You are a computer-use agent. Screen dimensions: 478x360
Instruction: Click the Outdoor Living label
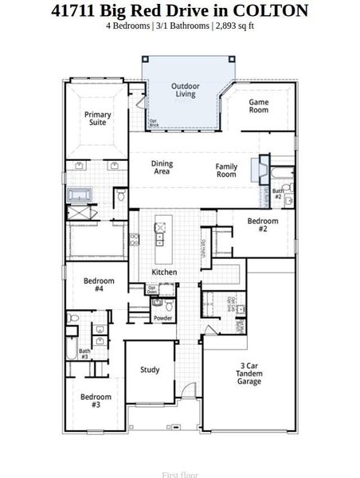coord(186,90)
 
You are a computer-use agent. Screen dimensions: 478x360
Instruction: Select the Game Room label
coord(259,106)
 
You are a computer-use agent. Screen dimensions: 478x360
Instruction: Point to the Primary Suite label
coord(98,119)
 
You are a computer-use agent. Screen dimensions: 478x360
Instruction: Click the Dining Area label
coord(162,168)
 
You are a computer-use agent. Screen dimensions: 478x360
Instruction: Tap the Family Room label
coord(226,170)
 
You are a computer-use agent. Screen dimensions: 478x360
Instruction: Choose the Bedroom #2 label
coord(262,225)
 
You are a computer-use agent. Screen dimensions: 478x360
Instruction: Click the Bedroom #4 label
coord(99,285)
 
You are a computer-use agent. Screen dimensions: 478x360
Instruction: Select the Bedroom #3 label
coord(96,401)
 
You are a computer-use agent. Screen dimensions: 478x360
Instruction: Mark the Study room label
coord(150,370)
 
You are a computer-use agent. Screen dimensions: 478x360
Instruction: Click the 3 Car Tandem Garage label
coord(250,374)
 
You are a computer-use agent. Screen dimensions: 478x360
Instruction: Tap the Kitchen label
coord(164,272)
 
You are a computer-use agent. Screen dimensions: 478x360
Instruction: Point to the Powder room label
coord(162,319)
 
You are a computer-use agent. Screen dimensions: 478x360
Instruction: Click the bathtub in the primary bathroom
coord(81,194)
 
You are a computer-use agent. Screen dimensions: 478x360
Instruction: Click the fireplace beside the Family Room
coord(255,170)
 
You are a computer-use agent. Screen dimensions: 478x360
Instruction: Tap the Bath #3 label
coord(84,354)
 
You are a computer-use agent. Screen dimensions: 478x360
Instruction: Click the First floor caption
coord(180,475)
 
